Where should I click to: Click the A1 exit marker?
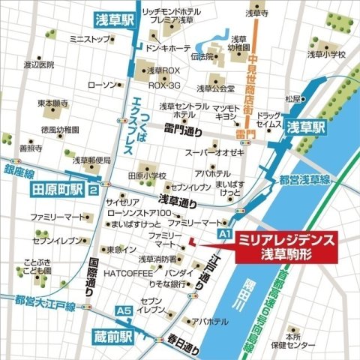(x=223, y=235)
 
